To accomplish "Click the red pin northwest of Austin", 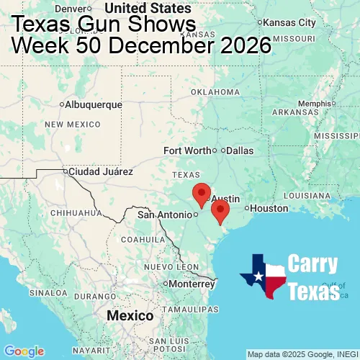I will point(202,192).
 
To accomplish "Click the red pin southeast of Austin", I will point(220,210).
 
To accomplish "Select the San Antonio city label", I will point(166,214).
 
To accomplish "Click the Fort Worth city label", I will point(187,150).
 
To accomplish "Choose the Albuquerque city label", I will point(94,104).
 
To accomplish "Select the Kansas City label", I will point(289,22).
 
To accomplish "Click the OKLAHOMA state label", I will point(215,92).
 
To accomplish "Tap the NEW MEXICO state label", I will point(73,125).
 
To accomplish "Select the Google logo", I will point(24,351).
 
